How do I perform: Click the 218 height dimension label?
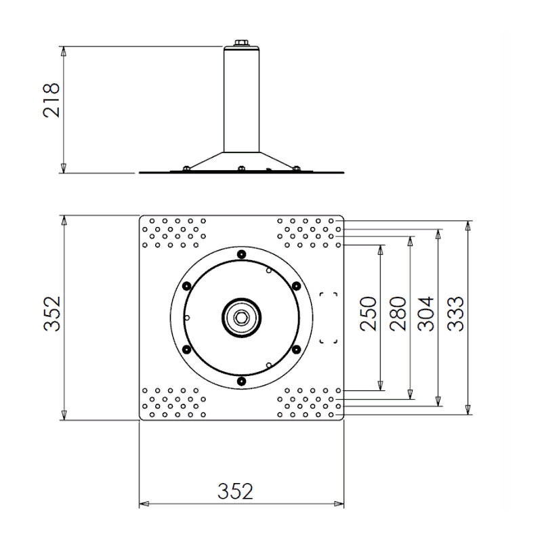click(x=51, y=100)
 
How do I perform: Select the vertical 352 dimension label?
click(x=52, y=314)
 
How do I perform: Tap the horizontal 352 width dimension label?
click(x=235, y=491)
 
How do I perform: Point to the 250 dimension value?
click(x=368, y=314)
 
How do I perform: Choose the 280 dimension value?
click(x=398, y=314)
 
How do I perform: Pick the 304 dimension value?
click(x=425, y=314)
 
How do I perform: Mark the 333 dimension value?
click(x=455, y=314)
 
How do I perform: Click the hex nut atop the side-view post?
click(x=241, y=43)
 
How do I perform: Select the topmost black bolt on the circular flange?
click(x=241, y=255)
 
